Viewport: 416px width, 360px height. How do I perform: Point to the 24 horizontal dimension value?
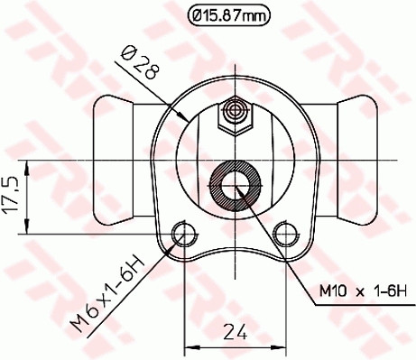236,331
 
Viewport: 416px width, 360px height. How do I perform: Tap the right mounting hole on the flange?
288,234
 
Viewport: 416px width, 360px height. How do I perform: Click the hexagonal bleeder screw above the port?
236,114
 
